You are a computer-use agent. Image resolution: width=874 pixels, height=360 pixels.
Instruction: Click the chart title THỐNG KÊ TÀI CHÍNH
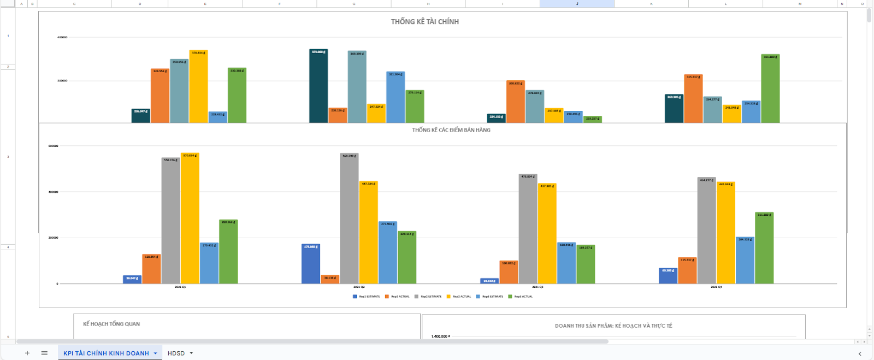click(424, 22)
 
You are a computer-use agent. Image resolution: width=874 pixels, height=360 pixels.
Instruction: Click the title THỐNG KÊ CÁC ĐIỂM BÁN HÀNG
click(451, 130)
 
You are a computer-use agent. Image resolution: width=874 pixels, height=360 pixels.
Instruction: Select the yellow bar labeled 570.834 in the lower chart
click(190, 219)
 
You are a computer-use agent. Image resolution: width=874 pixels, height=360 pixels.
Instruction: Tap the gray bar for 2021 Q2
click(349, 219)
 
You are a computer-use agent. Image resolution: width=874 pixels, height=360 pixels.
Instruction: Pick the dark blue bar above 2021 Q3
click(489, 281)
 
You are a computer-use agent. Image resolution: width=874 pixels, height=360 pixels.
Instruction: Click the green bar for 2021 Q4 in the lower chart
click(764, 249)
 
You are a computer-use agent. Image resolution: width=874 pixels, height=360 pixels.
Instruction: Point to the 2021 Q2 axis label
click(359, 287)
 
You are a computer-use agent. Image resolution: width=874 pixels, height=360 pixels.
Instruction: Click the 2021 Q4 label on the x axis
click(716, 287)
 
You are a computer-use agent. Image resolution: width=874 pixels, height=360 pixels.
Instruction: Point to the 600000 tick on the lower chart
click(53, 146)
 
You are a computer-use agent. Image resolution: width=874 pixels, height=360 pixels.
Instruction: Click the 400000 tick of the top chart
click(62, 37)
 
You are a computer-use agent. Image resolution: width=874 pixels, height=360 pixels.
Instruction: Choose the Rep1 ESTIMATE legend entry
click(367, 297)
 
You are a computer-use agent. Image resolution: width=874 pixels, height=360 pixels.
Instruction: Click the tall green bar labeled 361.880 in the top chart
click(770, 88)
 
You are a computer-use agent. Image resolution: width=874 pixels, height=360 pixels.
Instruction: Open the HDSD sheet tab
click(176, 353)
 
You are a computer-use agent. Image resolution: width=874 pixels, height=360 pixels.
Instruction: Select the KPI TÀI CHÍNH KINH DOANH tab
click(106, 353)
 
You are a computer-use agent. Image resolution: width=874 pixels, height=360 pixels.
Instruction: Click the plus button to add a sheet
click(27, 353)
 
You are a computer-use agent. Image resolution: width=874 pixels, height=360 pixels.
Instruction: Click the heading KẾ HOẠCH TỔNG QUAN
click(111, 324)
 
